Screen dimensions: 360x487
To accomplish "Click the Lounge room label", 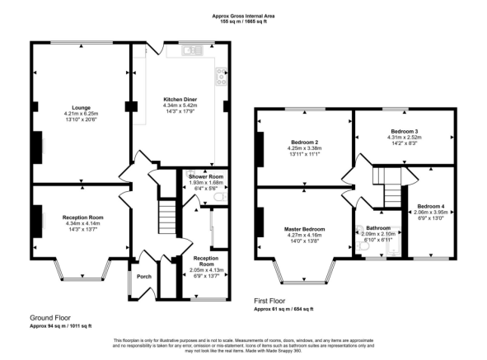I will tap(81, 107).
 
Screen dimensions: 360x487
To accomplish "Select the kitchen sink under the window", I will tap(194, 50).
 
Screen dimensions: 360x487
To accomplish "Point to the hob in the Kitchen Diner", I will tap(221, 77).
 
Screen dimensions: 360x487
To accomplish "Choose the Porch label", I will tap(143, 276).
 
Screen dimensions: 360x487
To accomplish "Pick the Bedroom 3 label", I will tap(405, 130).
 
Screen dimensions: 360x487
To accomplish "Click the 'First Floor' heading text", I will tap(273, 302).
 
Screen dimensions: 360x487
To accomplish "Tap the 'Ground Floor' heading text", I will tap(49, 318).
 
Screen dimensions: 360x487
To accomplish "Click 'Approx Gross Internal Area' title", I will tap(245, 16).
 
